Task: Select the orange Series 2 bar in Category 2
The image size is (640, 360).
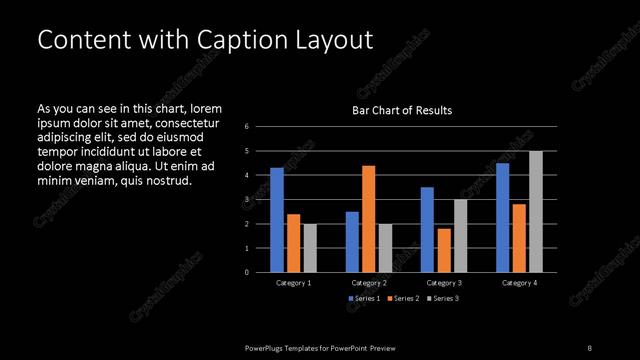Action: point(368,219)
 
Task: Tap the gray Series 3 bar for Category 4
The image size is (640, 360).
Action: point(535,212)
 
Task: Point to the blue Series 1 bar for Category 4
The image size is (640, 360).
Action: point(502,218)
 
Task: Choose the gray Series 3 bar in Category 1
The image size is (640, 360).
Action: point(310,248)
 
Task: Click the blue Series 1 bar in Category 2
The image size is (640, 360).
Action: point(352,242)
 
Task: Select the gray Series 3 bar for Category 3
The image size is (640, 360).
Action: point(460,236)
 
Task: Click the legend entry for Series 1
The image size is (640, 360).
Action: point(364,299)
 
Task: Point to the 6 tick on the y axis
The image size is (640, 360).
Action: point(247,127)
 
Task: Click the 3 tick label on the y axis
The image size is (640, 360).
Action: point(247,200)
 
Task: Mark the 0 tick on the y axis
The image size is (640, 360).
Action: point(247,272)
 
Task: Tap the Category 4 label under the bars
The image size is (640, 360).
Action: point(518,284)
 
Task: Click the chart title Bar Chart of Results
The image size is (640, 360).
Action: point(402,110)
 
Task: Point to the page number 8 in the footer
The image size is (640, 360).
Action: point(590,347)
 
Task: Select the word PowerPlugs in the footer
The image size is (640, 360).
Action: point(265,347)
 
